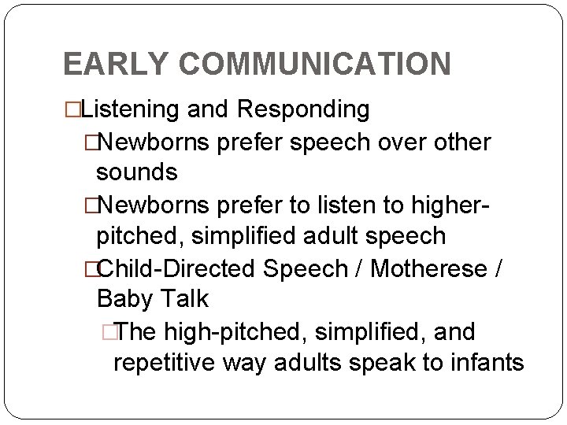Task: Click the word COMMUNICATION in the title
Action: tap(313, 64)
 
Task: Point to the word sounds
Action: tap(136, 170)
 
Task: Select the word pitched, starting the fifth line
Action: tap(146, 236)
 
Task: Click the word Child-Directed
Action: tap(178, 270)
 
